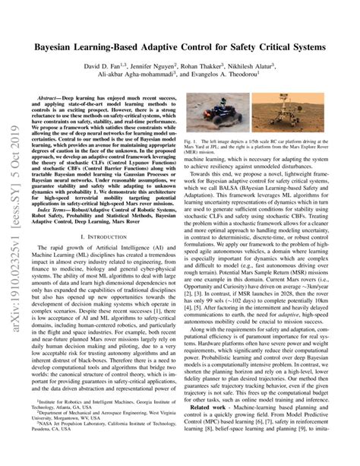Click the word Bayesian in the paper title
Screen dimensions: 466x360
pos(56,46)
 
